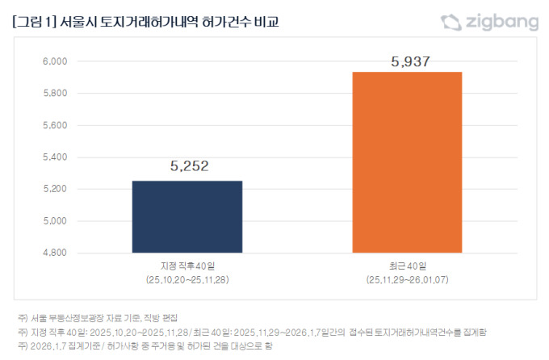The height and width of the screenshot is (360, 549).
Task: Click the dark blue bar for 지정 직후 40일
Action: coord(186,216)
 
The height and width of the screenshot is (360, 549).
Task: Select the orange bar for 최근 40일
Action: coord(407,162)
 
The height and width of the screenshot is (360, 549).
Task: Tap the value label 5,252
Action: coord(189,166)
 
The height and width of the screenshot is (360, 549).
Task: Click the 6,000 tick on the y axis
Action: coord(56,61)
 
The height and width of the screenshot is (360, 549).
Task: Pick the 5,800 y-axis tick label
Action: coord(56,94)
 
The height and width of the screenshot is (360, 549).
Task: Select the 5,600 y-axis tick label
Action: coord(56,125)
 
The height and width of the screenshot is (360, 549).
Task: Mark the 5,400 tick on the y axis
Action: coord(56,157)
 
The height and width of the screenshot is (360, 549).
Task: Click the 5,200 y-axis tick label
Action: coord(56,189)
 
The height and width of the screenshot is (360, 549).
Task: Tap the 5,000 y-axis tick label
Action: coord(56,221)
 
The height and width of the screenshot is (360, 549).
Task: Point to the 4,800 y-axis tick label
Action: coord(56,253)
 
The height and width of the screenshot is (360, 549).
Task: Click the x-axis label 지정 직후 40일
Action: coord(186,266)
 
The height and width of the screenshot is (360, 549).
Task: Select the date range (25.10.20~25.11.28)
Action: coord(186,279)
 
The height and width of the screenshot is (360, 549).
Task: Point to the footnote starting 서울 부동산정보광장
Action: coord(106,317)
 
